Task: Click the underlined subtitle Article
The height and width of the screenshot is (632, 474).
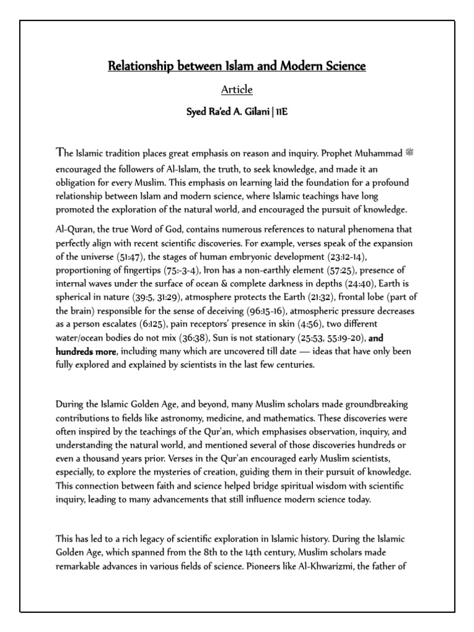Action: (237, 90)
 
